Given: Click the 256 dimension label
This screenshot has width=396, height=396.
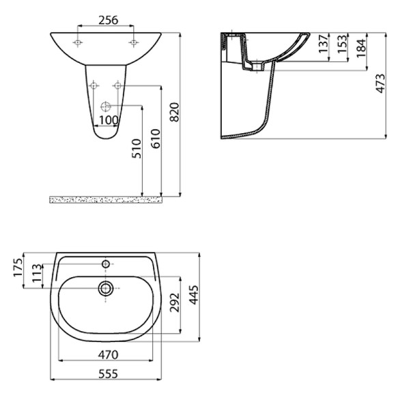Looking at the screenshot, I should [x=106, y=20].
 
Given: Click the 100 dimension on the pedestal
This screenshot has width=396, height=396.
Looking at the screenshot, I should [x=109, y=120].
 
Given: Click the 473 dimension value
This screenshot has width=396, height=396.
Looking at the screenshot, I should [x=380, y=85].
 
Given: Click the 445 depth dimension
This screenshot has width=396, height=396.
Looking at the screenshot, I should [x=194, y=295].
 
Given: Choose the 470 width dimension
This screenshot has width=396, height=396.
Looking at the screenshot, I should [x=108, y=354].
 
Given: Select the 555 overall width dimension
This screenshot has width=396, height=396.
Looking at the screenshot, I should [x=108, y=373].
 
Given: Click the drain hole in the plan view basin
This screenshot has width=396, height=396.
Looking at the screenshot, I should [x=106, y=289].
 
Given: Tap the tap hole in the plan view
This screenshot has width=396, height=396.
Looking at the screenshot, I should [x=106, y=263].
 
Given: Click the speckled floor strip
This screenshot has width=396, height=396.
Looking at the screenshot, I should [x=106, y=199].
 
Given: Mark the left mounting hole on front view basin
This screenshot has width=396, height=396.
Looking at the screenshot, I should [x=79, y=43].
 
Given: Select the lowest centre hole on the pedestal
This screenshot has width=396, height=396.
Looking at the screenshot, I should [x=105, y=106].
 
